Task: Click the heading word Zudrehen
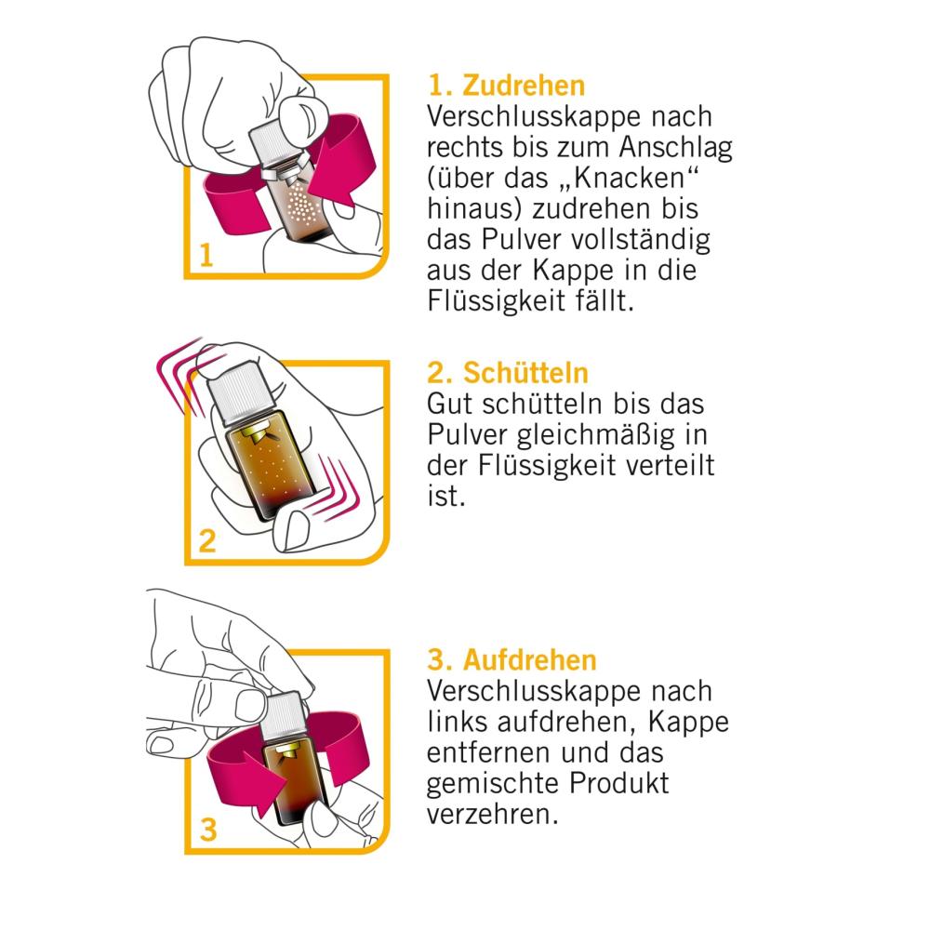pos(524,86)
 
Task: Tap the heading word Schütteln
pos(525,373)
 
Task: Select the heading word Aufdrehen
pos(530,660)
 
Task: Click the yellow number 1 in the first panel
pos(206,256)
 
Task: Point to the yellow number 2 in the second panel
pos(207,541)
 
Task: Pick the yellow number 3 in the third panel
pos(207,830)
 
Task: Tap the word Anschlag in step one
pos(675,148)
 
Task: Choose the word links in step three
pos(458,722)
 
